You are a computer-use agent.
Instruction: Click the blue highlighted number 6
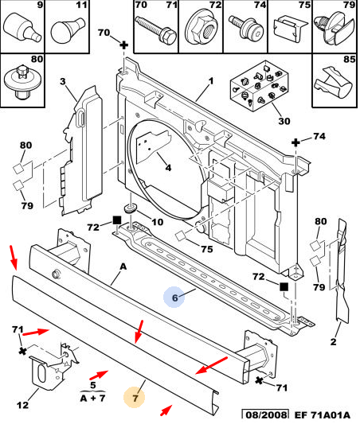pyautogui.click(x=175, y=298)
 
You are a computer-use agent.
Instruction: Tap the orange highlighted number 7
pyautogui.click(x=135, y=398)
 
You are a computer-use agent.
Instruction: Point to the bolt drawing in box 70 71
pyautogui.click(x=156, y=29)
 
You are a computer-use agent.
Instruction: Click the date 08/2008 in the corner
pyautogui.click(x=266, y=415)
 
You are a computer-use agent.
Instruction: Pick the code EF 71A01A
pyautogui.click(x=323, y=415)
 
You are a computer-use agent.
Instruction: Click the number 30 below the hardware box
pyautogui.click(x=284, y=121)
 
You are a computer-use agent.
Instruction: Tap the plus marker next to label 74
pyautogui.click(x=295, y=142)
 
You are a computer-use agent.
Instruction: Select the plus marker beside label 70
pyautogui.click(x=124, y=45)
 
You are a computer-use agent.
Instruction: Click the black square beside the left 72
pyautogui.click(x=117, y=220)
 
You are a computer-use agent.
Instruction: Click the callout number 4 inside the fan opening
pyautogui.click(x=168, y=167)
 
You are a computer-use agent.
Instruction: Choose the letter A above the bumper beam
pyautogui.click(x=123, y=267)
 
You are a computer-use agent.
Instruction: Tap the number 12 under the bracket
pyautogui.click(x=22, y=404)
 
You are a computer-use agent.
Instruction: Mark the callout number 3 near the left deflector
pyautogui.click(x=63, y=81)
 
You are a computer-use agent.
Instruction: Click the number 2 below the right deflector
pyautogui.click(x=333, y=341)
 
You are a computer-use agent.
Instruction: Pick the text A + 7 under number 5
pyautogui.click(x=93, y=399)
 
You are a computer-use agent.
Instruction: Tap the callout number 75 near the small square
pyautogui.click(x=206, y=249)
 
